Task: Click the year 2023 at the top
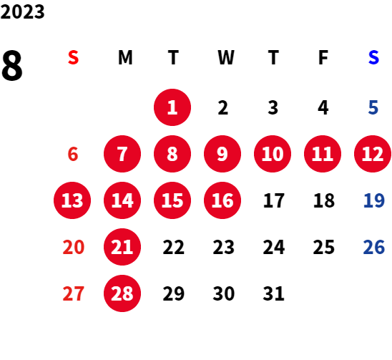22,11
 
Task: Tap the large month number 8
12,65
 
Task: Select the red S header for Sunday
73,57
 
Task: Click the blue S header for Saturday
373,57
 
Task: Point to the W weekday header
226,57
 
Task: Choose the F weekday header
323,57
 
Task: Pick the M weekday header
125,57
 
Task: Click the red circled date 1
172,107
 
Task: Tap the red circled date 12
373,154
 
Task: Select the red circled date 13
72,200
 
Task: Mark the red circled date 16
222,200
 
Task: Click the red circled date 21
122,247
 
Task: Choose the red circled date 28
122,293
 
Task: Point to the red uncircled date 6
73,154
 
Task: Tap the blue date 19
374,200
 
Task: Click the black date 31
273,293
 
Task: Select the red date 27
73,293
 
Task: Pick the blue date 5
373,107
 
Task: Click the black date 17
274,200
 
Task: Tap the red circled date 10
273,154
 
